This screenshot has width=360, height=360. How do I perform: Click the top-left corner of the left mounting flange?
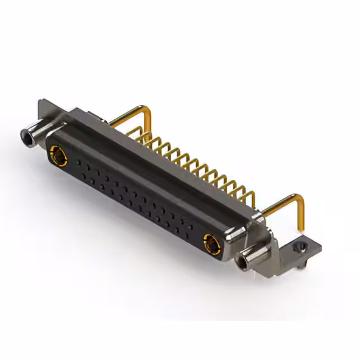coord(39,102)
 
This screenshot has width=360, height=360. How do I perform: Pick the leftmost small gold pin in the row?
coord(141,135)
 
